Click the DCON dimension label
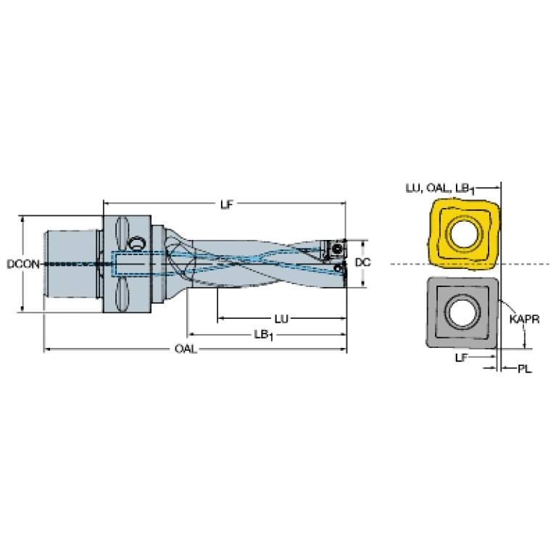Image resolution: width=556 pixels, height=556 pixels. [23, 264]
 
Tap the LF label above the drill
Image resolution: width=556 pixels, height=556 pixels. [227, 204]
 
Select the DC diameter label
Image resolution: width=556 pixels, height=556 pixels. [362, 262]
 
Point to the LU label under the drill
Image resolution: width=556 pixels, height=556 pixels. [281, 319]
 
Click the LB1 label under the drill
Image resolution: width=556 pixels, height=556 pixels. [263, 335]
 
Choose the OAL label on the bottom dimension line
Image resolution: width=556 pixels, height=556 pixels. [186, 349]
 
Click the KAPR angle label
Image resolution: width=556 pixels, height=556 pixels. [524, 320]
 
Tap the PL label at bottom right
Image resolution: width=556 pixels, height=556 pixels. [525, 369]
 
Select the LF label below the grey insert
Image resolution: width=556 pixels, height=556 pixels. [462, 358]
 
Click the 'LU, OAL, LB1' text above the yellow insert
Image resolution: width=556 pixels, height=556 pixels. [440, 188]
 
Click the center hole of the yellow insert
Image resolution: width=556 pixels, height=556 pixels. [465, 234]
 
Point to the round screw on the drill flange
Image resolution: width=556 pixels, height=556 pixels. [136, 244]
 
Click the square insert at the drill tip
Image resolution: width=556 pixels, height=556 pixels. [334, 250]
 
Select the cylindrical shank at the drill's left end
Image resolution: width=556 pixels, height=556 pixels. [70, 265]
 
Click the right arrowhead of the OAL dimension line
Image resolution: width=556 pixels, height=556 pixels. [344, 349]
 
